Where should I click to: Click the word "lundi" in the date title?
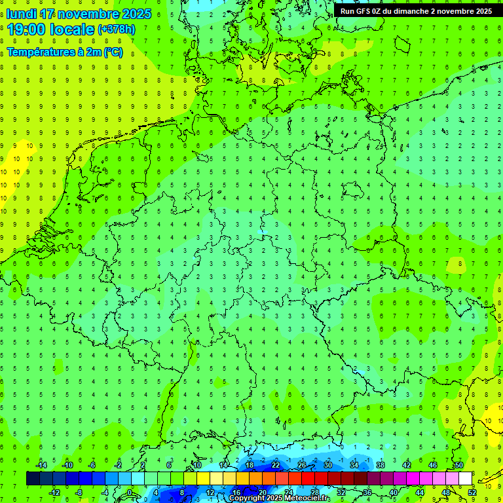click(22, 14)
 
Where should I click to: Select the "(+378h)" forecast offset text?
click(117, 29)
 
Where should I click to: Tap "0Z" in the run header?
click(381, 11)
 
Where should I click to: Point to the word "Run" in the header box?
click(348, 11)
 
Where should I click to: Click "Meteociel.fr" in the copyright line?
click(308, 498)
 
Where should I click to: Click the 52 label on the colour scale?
click(472, 493)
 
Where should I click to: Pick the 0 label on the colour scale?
click(131, 493)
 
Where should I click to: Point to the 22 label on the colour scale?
click(276, 465)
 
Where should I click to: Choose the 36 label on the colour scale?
click(367, 493)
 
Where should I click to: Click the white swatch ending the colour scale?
click(466, 479)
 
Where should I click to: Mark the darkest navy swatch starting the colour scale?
click(33, 479)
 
